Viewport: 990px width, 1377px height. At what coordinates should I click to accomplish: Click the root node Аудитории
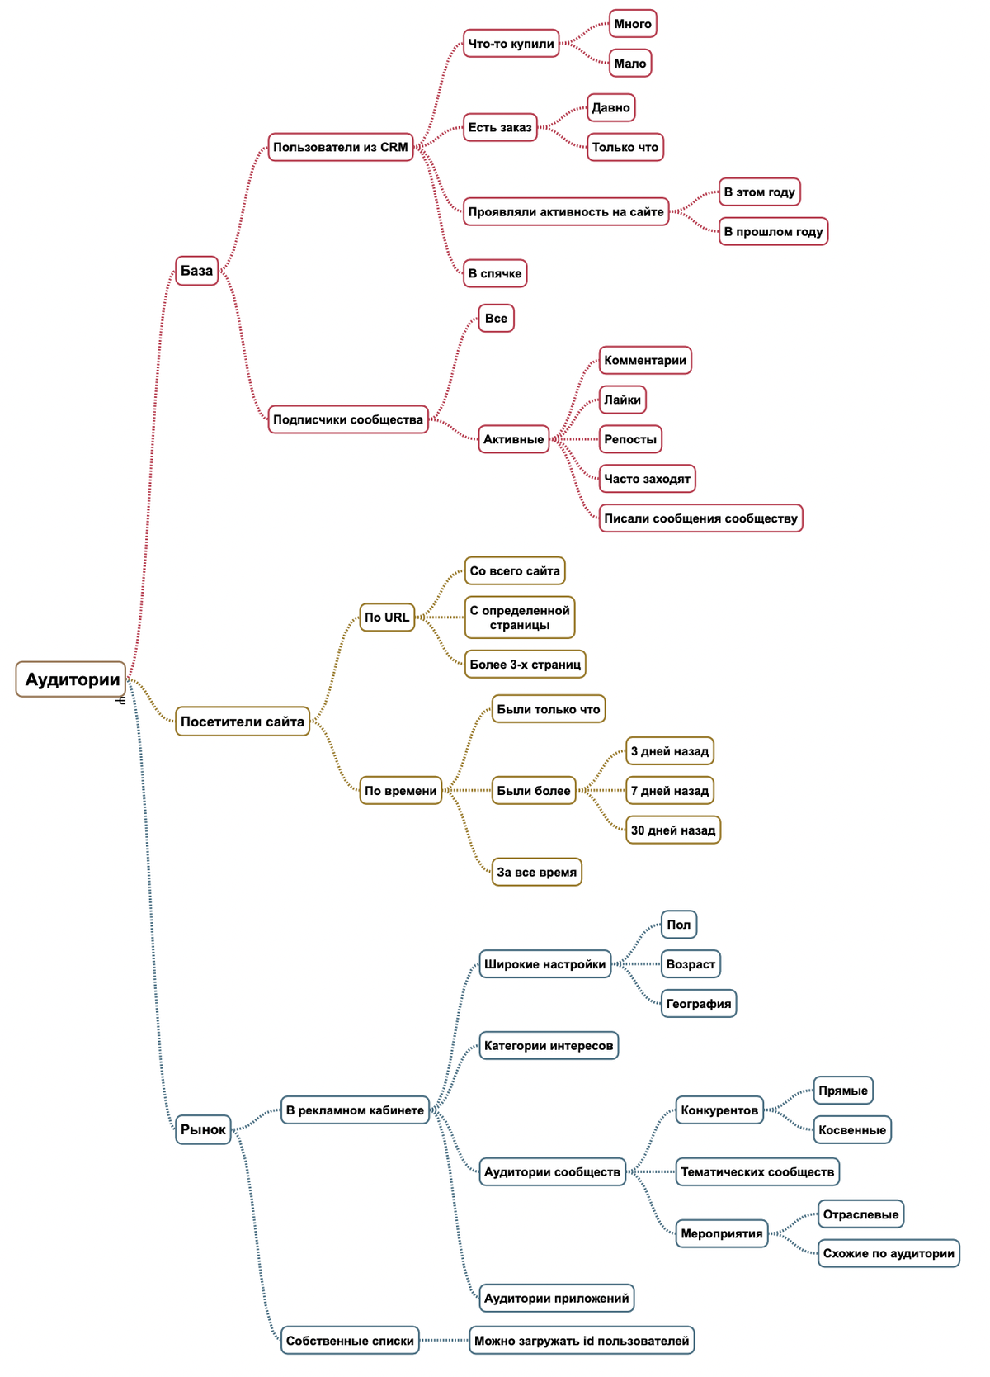click(x=71, y=679)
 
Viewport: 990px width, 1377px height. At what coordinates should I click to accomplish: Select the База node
click(x=196, y=271)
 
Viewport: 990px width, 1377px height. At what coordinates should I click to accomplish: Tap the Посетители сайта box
click(x=243, y=721)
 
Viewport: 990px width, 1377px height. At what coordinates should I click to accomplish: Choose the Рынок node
click(x=203, y=1129)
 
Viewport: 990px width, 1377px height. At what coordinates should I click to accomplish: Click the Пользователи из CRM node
click(x=340, y=147)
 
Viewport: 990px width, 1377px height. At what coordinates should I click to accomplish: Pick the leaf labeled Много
click(x=633, y=23)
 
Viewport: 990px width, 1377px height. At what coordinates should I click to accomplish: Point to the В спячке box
click(x=495, y=273)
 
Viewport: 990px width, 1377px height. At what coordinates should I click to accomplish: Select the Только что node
click(x=625, y=147)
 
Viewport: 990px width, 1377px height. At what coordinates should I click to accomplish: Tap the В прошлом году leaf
click(x=773, y=231)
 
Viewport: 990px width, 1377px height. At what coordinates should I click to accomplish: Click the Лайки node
click(x=622, y=400)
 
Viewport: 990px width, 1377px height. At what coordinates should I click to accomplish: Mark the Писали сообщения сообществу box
click(x=700, y=518)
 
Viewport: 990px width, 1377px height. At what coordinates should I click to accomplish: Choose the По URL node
click(x=387, y=618)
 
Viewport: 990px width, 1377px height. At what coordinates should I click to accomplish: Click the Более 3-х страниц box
click(x=525, y=664)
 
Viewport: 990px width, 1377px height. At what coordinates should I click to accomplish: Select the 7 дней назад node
click(x=669, y=791)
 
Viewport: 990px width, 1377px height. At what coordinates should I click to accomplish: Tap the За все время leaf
click(x=537, y=872)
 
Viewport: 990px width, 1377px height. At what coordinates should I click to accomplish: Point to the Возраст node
click(x=691, y=964)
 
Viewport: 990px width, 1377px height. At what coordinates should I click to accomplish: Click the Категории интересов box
click(x=549, y=1046)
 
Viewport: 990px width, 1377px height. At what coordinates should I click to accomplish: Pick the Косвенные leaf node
click(x=852, y=1130)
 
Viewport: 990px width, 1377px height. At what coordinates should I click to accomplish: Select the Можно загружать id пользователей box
click(x=582, y=1341)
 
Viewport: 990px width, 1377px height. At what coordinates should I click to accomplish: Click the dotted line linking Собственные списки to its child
click(x=444, y=1340)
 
